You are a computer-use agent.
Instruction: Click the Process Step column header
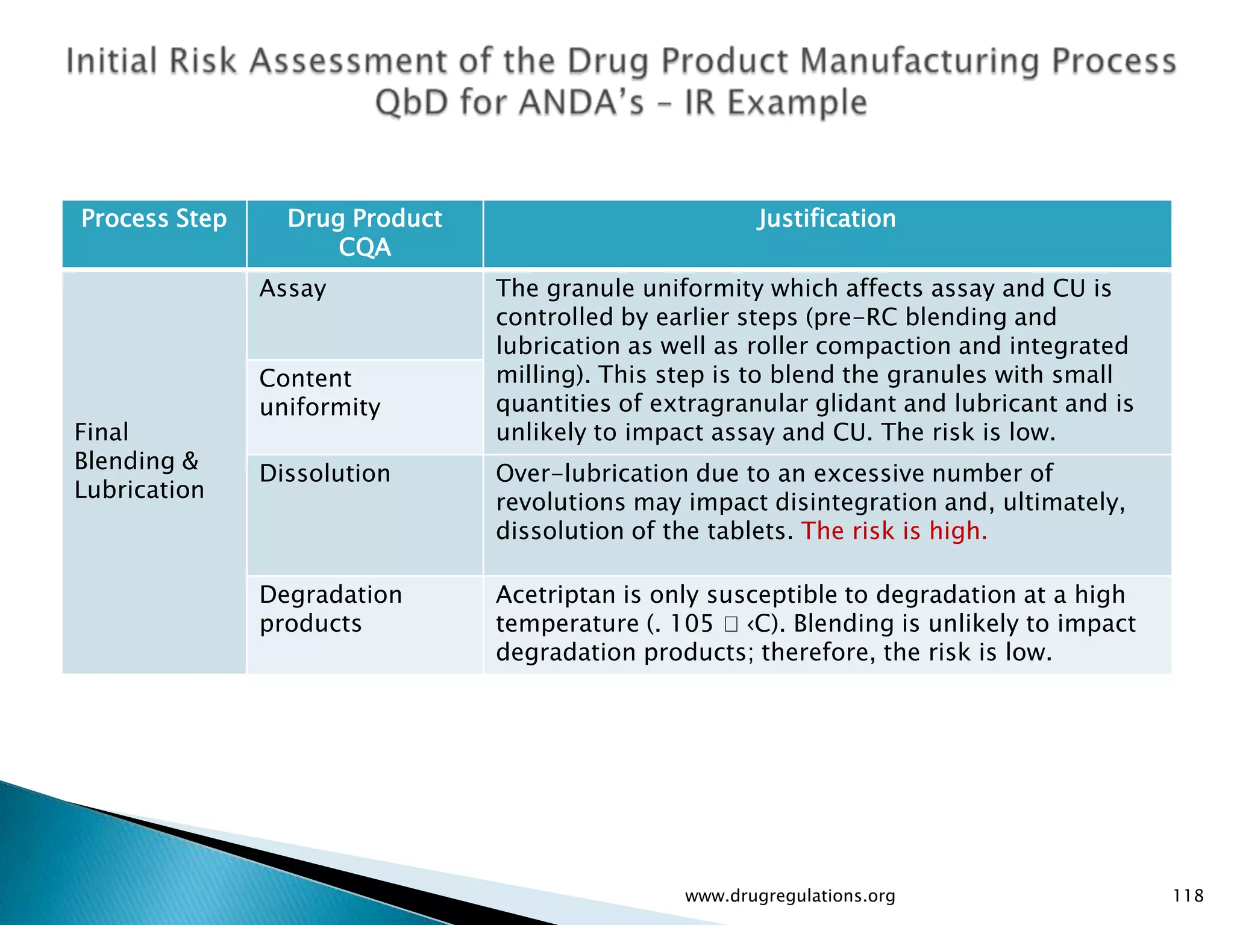[154, 219]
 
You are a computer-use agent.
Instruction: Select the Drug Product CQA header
[365, 232]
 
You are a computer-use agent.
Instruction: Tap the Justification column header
[827, 219]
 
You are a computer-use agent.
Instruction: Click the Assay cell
[293, 288]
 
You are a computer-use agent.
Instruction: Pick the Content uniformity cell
[320, 393]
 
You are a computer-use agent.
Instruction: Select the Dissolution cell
[325, 473]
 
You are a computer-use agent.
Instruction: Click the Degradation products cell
[331, 609]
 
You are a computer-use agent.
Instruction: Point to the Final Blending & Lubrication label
[139, 461]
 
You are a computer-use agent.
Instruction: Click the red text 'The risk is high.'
[894, 531]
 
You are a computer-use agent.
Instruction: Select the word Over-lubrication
[591, 473]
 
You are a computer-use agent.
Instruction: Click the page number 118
[1188, 895]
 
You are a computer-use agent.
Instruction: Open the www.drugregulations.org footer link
[790, 895]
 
